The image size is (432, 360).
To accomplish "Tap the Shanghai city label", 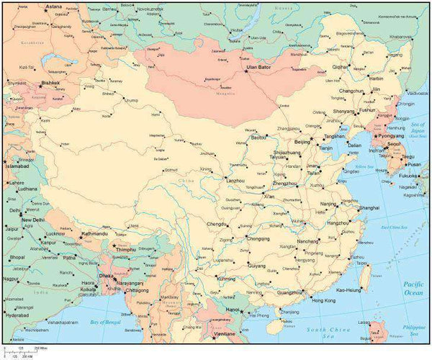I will pos(368,207).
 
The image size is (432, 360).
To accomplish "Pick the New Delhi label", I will pos(32,220).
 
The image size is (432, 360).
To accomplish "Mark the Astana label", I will pos(53,6).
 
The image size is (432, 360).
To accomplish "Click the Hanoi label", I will pos(233,310).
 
